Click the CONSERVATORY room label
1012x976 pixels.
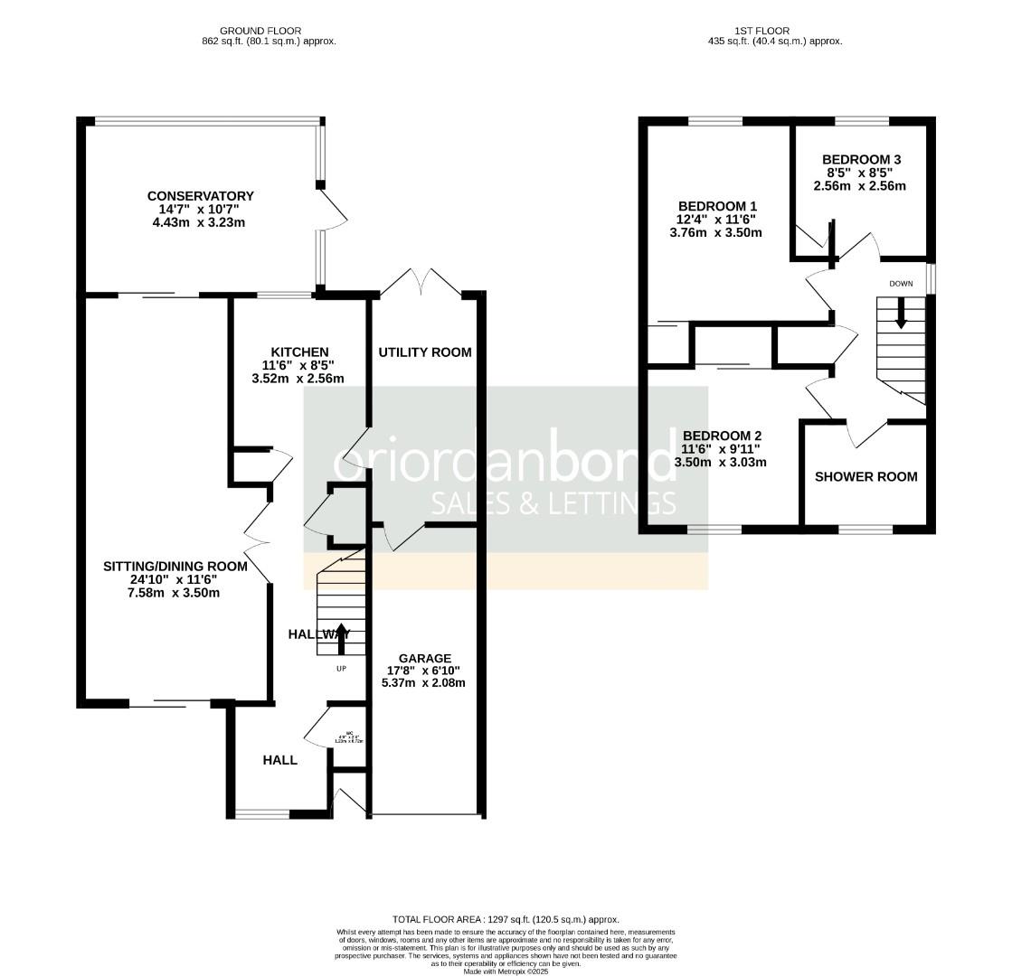pyautogui.click(x=200, y=196)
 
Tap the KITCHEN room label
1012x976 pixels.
pyautogui.click(x=300, y=352)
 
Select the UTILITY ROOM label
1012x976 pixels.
pyautogui.click(x=424, y=352)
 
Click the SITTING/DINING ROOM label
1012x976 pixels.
pyautogui.click(x=175, y=567)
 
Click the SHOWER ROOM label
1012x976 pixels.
pyautogui.click(x=865, y=476)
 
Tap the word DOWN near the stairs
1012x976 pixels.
pyautogui.click(x=901, y=284)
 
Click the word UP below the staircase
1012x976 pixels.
pyautogui.click(x=341, y=669)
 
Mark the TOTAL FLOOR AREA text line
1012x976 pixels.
pyautogui.click(x=506, y=919)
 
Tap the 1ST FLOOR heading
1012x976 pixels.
pyautogui.click(x=775, y=31)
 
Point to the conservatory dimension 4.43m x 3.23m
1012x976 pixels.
pyautogui.click(x=200, y=221)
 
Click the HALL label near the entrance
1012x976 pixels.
pyautogui.click(x=279, y=760)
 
